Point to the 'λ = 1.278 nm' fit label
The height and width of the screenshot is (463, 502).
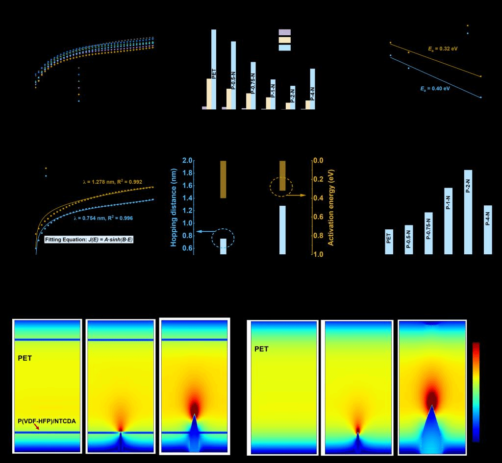(112, 182)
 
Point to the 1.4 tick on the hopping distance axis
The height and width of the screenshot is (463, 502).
(187, 198)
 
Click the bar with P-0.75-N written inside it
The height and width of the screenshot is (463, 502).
(428, 233)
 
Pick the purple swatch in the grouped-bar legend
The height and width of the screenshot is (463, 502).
(284, 32)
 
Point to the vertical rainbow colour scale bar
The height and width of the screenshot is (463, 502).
(476, 391)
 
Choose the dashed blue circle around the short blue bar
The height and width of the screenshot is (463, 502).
(223, 239)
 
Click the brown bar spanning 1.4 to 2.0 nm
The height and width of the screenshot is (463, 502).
(223, 179)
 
